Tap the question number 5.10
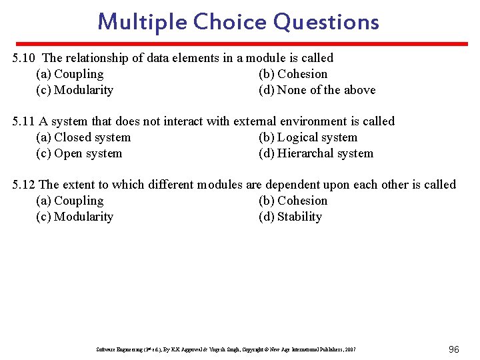[x=25, y=58]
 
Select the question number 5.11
[x=24, y=121]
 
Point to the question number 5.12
[x=24, y=185]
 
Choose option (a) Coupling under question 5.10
[x=70, y=74]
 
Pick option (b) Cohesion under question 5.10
[x=293, y=74]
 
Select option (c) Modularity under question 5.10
[x=75, y=90]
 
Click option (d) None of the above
[x=317, y=90]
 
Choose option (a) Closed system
[x=83, y=137]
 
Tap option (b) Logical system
[x=308, y=137]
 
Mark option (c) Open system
[x=79, y=153]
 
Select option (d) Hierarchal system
[x=316, y=153]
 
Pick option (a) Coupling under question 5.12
[x=70, y=201]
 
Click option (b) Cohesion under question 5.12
[x=293, y=201]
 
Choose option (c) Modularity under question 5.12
[x=75, y=217]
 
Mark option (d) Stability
[x=290, y=217]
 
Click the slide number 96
[x=454, y=349]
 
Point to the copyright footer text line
[x=226, y=349]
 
